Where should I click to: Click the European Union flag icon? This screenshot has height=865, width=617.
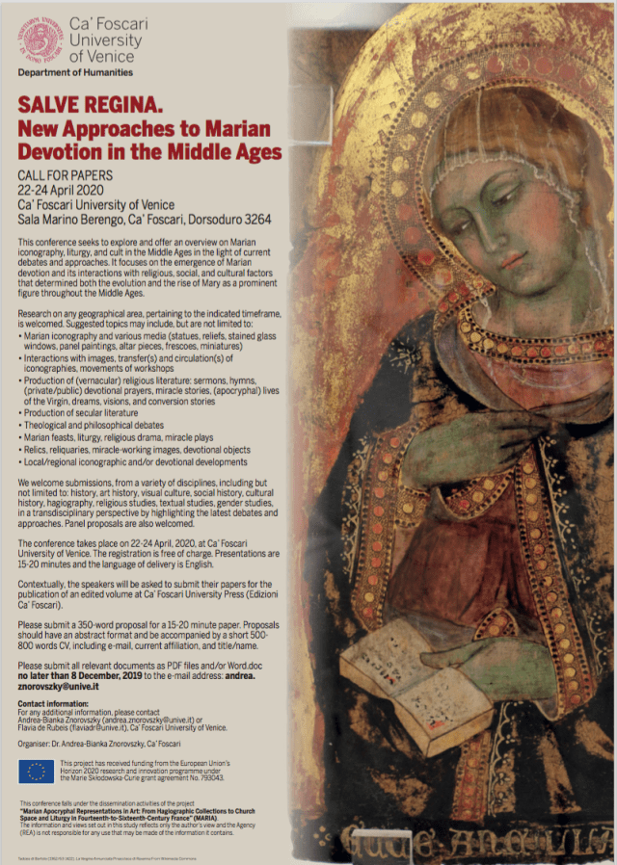[37, 771]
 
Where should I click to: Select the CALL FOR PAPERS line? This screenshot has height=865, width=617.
[65, 176]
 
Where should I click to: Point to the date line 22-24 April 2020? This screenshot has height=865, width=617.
[65, 190]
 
